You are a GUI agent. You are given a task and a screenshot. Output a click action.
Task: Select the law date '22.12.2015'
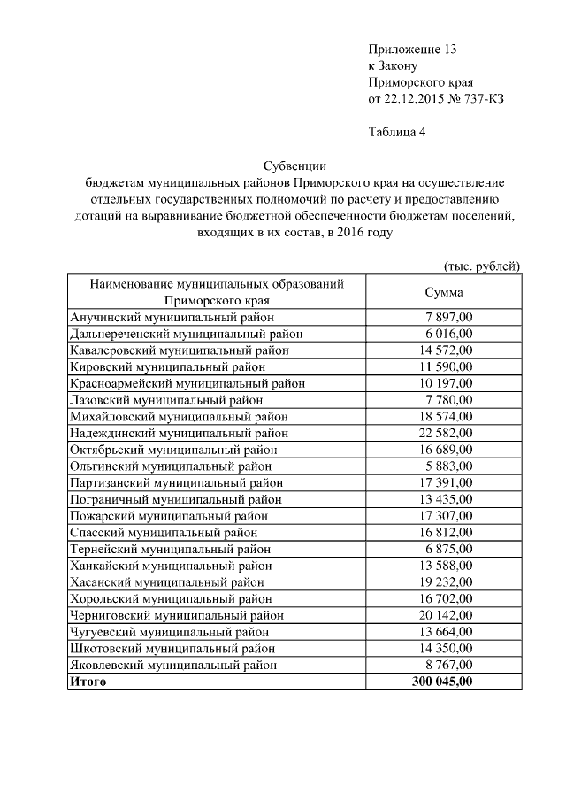tap(412, 98)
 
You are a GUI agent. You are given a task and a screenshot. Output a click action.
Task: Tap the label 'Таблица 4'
tap(397, 133)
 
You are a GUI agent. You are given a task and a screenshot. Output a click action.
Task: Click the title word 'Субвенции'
tap(295, 166)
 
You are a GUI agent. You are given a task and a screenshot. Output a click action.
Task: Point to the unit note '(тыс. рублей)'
tap(481, 266)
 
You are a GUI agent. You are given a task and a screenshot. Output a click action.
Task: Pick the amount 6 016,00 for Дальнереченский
tap(449, 334)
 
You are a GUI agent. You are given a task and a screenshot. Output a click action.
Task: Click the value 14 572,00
tap(447, 350)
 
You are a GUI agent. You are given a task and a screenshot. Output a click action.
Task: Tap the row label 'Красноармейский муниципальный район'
tap(187, 383)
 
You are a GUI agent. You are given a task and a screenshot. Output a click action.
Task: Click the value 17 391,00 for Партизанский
tap(447, 482)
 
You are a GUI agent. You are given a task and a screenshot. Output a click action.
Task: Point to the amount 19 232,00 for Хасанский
tap(447, 582)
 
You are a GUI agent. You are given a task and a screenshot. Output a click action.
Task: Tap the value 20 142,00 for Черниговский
tap(447, 615)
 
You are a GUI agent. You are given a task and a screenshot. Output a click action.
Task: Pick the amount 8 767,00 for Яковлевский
tap(449, 665)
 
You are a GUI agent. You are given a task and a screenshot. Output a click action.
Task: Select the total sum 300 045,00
tap(442, 682)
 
